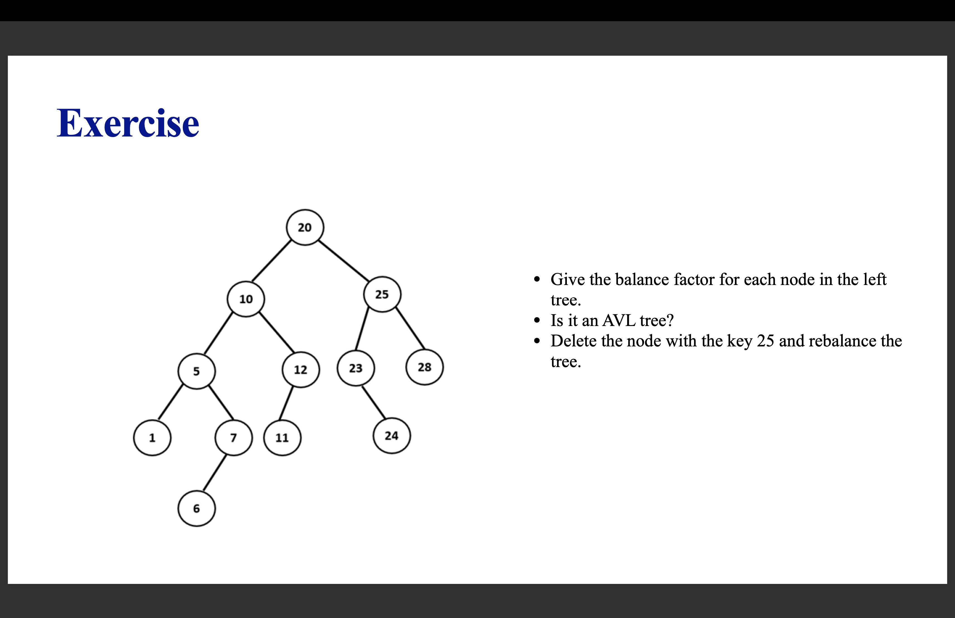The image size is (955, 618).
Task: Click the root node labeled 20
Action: click(305, 227)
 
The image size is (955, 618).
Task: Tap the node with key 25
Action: click(382, 294)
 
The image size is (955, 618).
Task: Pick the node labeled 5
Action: click(196, 371)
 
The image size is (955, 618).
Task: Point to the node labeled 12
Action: click(300, 369)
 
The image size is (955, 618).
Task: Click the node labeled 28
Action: click(424, 367)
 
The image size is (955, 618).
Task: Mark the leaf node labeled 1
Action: click(152, 437)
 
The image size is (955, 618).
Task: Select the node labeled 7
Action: click(233, 437)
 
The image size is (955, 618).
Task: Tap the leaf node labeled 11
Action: click(282, 437)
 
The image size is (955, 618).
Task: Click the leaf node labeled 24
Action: click(391, 435)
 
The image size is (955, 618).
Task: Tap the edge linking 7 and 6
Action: click(215, 473)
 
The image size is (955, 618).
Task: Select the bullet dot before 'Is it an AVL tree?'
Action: click(537, 320)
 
